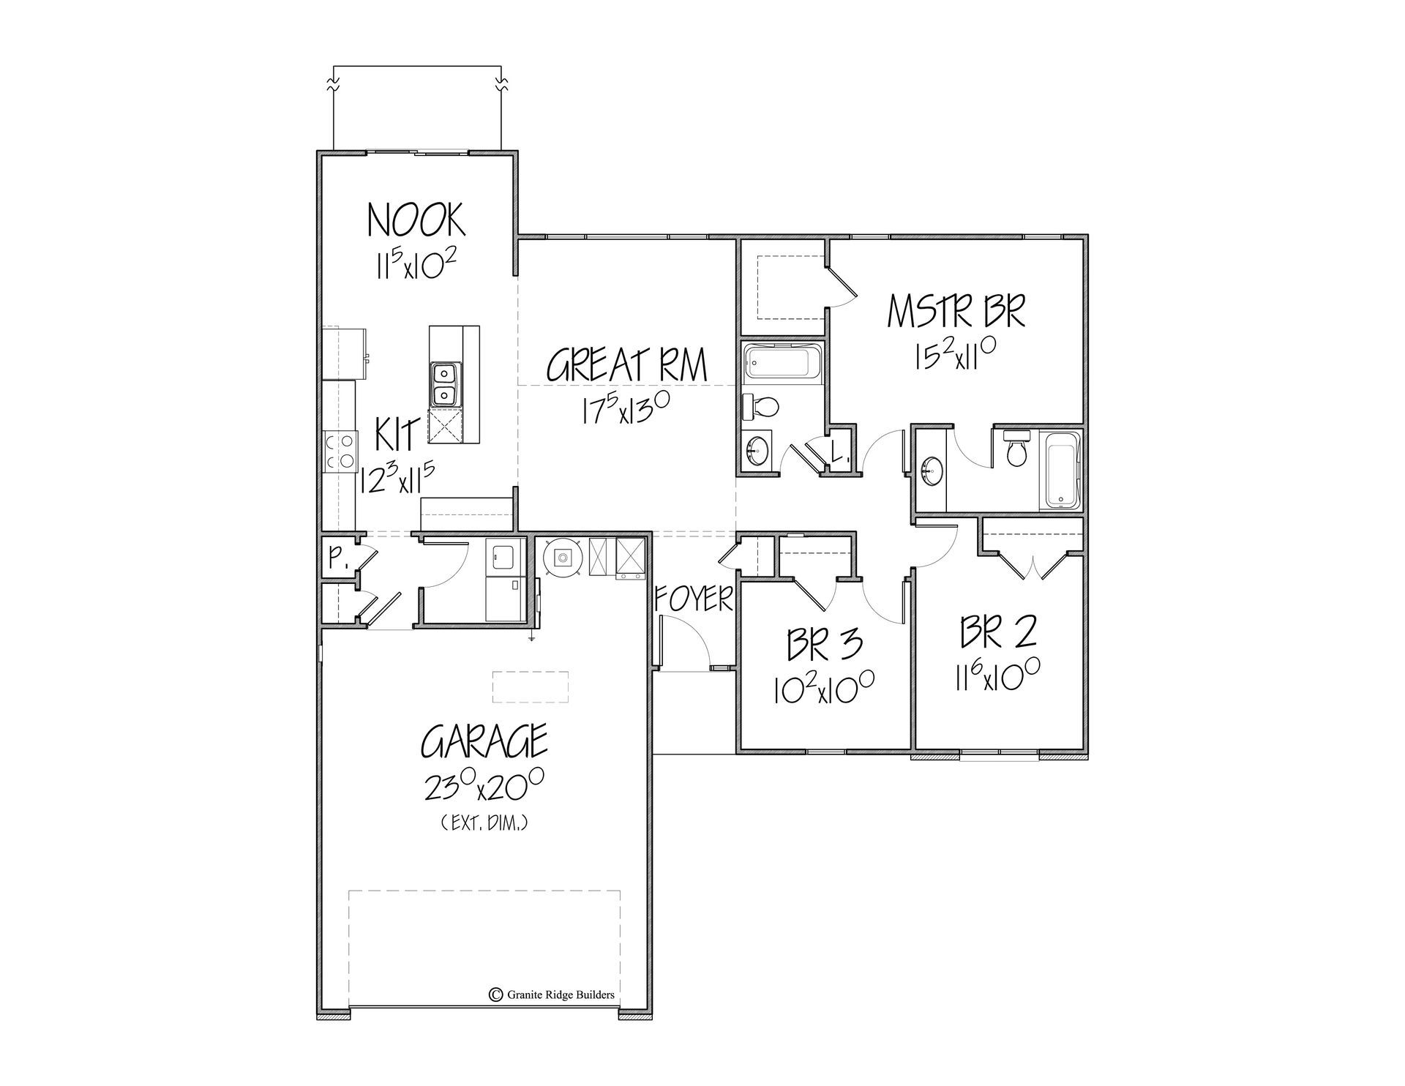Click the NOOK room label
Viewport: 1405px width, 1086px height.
coord(416,220)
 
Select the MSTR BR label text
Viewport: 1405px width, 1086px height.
coord(956,311)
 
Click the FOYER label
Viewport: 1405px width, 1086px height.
coord(693,599)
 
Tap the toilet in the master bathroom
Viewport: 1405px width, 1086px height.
coord(1016,451)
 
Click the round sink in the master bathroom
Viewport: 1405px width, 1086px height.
coord(932,469)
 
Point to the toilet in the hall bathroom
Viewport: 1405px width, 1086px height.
coord(763,405)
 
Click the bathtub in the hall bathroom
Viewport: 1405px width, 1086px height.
coord(782,363)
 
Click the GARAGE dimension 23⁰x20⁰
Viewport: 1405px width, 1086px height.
coord(483,789)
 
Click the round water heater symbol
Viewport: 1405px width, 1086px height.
coord(562,558)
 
